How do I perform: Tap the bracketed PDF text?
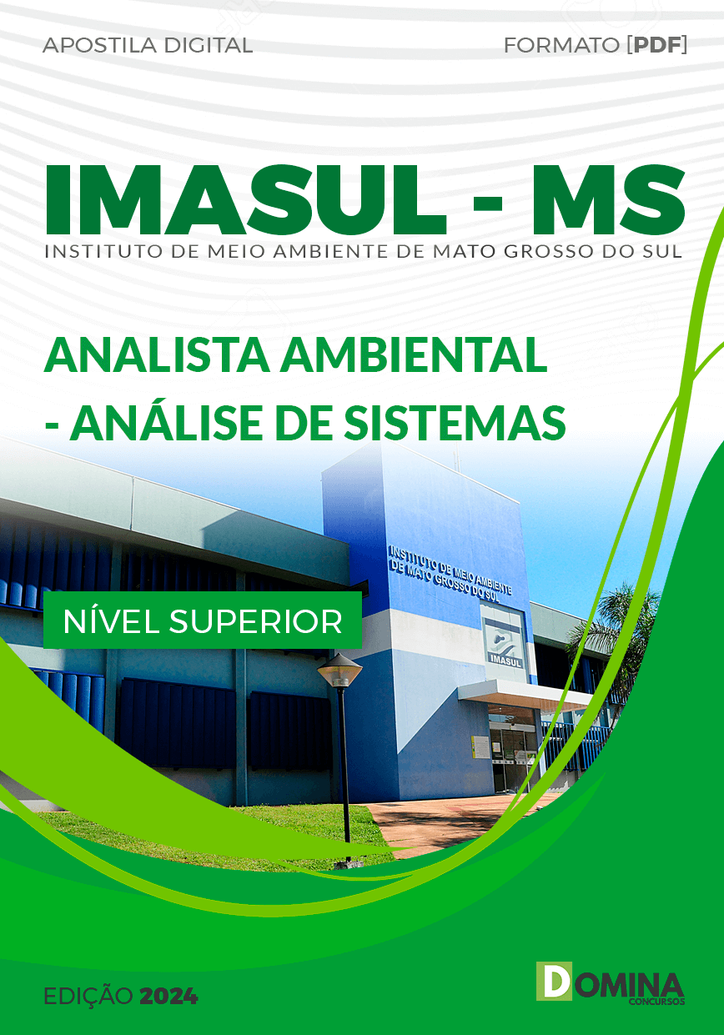click(657, 46)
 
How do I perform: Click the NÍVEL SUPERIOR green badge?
click(203, 620)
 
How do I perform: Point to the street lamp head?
click(340, 669)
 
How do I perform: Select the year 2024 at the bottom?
click(169, 996)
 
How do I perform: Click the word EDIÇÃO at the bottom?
click(87, 996)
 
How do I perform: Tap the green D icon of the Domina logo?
click(554, 982)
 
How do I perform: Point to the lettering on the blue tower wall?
click(450, 571)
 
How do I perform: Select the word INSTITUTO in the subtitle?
click(89, 250)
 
